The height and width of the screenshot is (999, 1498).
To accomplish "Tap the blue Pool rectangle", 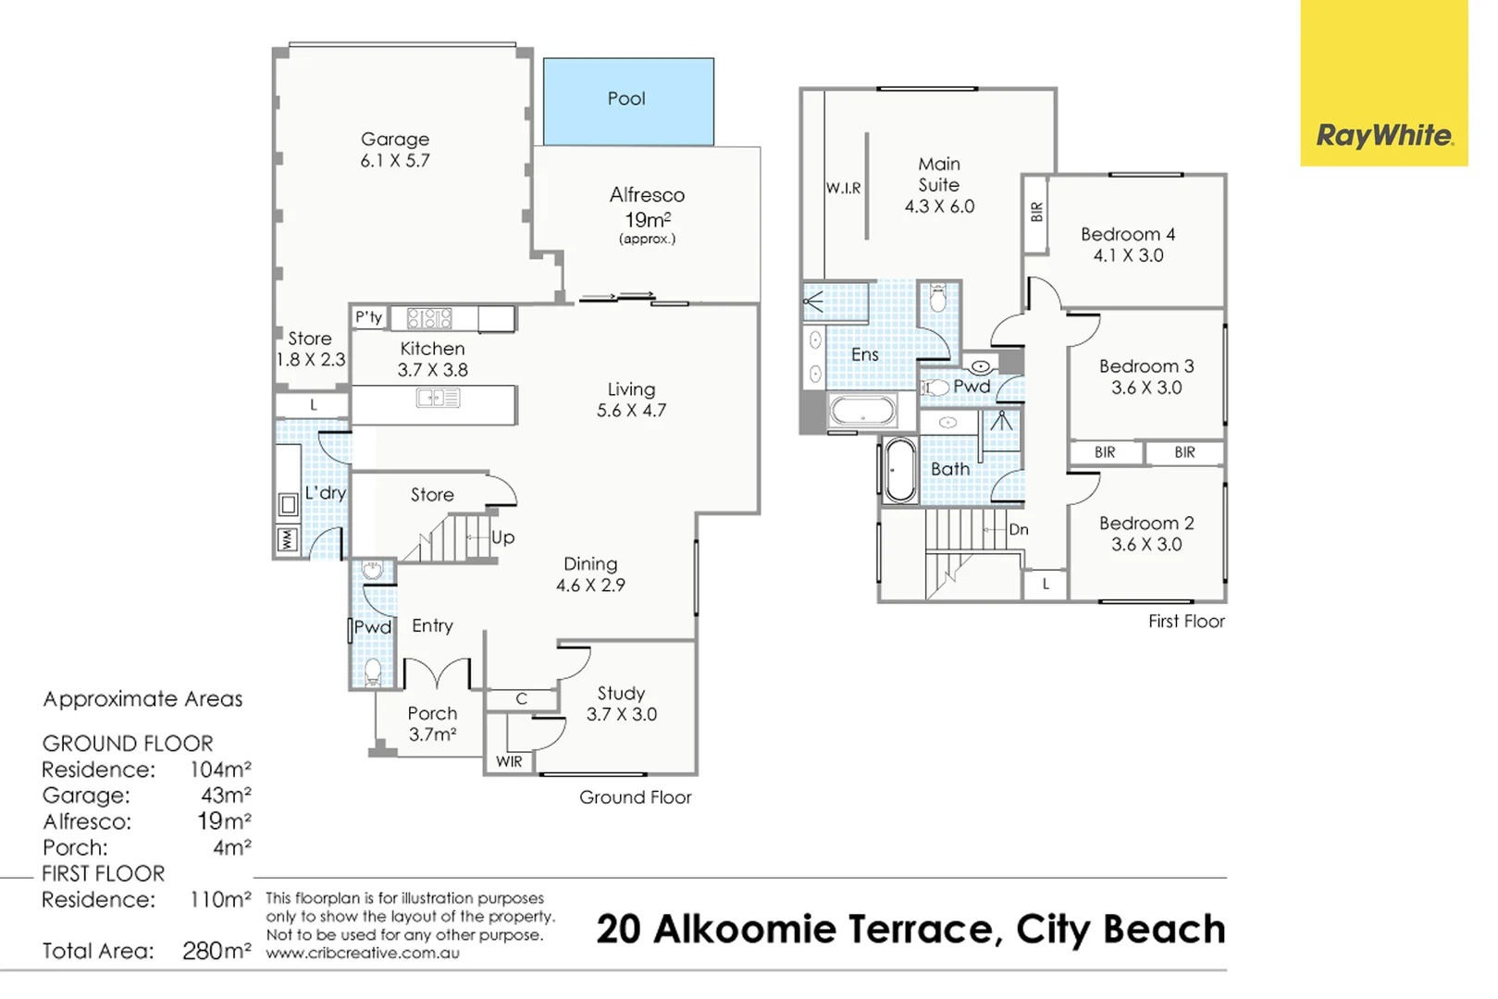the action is pyautogui.click(x=628, y=102).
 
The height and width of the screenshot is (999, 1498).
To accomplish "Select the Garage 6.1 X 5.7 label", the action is pyautogui.click(x=395, y=150).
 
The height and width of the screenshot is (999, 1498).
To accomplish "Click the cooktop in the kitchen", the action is pyautogui.click(x=429, y=318).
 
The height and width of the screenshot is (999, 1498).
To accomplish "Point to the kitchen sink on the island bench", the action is pyautogui.click(x=438, y=398).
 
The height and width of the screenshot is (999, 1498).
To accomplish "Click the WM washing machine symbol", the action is pyautogui.click(x=288, y=539).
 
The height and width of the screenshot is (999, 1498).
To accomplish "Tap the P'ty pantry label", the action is pyautogui.click(x=368, y=316).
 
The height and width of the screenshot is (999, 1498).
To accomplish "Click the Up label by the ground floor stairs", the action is pyautogui.click(x=503, y=537).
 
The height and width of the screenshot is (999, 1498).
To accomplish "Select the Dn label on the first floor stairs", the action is pyautogui.click(x=1019, y=530).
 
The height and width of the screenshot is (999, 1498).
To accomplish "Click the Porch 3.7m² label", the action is pyautogui.click(x=433, y=723).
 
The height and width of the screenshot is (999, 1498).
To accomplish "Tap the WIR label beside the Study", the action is pyautogui.click(x=509, y=761).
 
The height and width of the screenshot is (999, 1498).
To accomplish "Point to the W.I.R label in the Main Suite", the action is pyautogui.click(x=843, y=188).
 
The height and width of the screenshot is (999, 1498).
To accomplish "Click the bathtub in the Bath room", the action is pyautogui.click(x=900, y=471).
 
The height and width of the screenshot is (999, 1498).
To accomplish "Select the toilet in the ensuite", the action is pyautogui.click(x=937, y=299).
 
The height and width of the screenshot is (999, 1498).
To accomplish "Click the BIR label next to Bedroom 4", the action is pyautogui.click(x=1036, y=212).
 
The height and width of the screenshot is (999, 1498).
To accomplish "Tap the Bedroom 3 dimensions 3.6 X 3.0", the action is pyautogui.click(x=1146, y=388).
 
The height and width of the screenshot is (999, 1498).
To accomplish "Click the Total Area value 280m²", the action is pyautogui.click(x=217, y=950).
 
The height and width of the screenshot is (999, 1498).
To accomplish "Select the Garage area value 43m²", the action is pyautogui.click(x=226, y=795).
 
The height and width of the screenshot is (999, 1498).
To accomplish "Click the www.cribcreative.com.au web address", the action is pyautogui.click(x=363, y=953).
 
